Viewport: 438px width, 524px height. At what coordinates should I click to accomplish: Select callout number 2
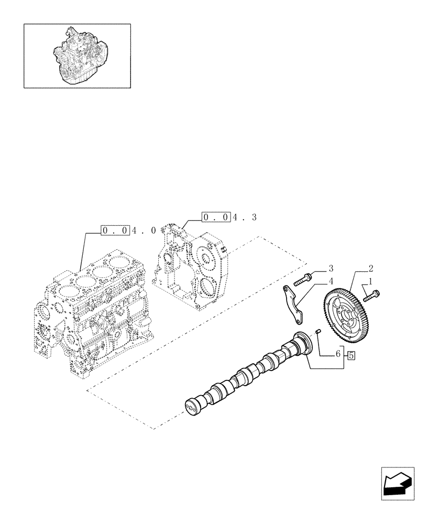(371, 268)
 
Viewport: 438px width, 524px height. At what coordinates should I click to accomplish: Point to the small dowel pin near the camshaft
(317, 332)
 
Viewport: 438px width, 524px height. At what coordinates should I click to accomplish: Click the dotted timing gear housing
(194, 267)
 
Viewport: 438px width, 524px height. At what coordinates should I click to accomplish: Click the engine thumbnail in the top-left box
(77, 56)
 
